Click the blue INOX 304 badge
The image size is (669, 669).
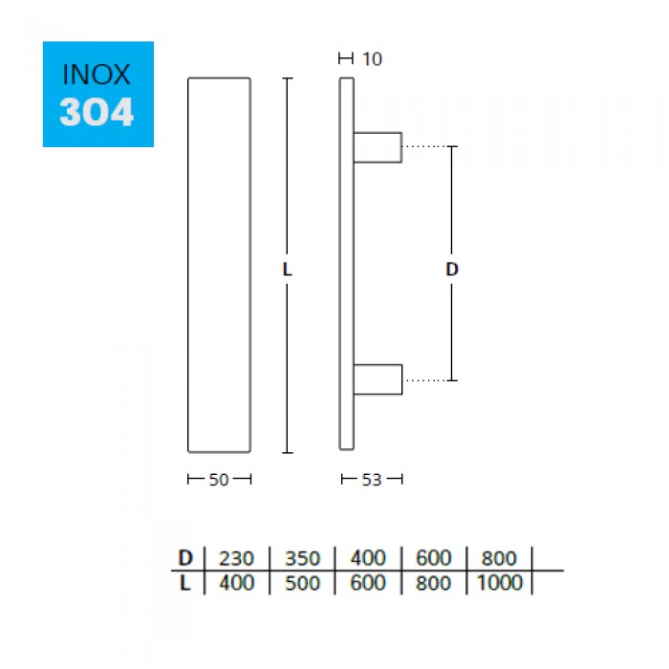(98, 94)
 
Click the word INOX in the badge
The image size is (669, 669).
(96, 75)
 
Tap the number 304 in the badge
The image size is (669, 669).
(97, 112)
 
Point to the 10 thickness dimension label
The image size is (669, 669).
(372, 59)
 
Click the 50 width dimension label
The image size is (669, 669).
(219, 480)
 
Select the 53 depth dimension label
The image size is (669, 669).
(371, 480)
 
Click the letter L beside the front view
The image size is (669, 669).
(287, 270)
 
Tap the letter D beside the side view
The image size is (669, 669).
(452, 270)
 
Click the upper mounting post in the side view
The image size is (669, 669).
(378, 147)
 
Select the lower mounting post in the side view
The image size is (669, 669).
(378, 379)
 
